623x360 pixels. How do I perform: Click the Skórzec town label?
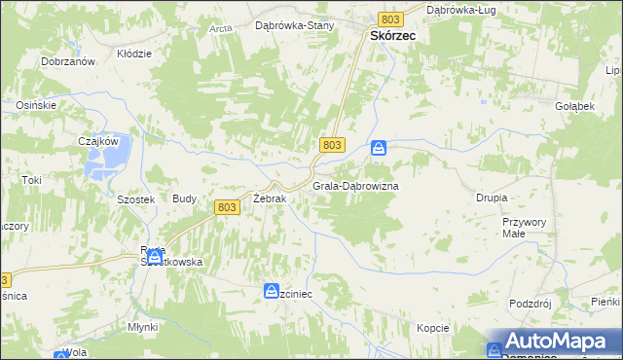[x=393, y=35]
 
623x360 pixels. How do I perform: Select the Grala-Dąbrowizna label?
[x=355, y=185]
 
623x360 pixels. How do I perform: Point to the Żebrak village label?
[x=269, y=198]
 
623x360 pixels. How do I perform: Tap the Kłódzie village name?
[x=134, y=54]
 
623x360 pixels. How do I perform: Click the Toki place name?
[x=32, y=180]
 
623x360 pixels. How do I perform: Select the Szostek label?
[x=110, y=198]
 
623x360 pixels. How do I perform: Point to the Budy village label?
[x=184, y=198]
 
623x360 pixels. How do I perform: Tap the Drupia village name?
[x=492, y=198]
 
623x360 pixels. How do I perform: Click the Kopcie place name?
[x=433, y=327]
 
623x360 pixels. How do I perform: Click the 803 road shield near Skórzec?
[x=391, y=19]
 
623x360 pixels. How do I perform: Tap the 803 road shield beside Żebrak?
[x=226, y=206]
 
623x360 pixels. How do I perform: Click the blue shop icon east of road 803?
[x=379, y=148]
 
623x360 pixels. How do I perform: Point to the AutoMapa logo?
[x=552, y=342]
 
